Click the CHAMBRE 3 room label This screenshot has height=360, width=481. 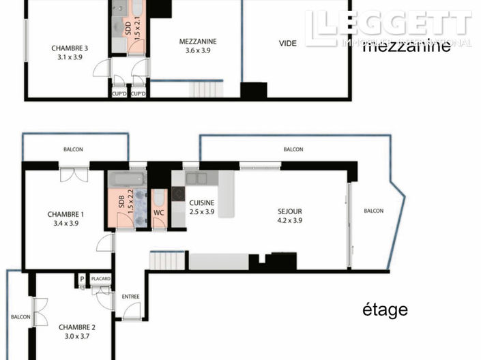(70, 48)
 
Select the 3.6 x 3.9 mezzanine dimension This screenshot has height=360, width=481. (198, 50)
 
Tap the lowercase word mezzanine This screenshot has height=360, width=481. (407, 47)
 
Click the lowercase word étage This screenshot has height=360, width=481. (385, 310)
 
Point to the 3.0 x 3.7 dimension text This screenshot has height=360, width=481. (76, 336)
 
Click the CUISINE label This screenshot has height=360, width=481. (202, 202)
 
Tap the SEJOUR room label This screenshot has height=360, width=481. (289, 211)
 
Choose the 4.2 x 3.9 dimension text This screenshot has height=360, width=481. (289, 220)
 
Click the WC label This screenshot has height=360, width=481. (158, 212)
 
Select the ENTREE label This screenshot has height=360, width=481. (130, 297)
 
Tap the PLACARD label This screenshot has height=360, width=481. (100, 278)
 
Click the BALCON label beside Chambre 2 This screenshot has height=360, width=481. (20, 317)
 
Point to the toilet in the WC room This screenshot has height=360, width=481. (159, 198)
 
